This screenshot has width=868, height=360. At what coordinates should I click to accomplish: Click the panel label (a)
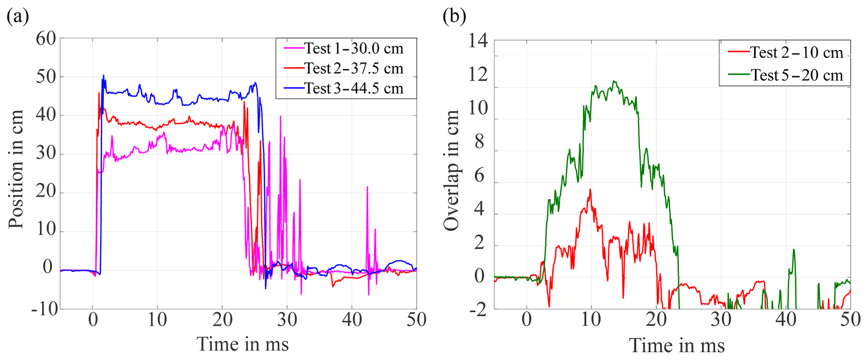tap(18, 17)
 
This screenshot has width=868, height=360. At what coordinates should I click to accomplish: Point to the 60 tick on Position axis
tap(46, 39)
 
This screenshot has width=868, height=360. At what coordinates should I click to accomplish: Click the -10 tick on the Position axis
tap(44, 309)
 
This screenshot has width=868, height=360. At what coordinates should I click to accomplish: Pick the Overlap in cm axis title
tap(452, 170)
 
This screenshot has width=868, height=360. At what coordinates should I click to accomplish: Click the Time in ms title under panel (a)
tap(242, 344)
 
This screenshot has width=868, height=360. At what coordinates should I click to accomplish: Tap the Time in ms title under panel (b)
tap(677, 346)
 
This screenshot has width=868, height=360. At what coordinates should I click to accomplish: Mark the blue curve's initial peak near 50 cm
tap(103, 76)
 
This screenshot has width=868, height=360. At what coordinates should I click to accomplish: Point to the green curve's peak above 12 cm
tap(614, 81)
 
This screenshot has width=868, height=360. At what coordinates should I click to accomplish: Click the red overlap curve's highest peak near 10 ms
tap(590, 189)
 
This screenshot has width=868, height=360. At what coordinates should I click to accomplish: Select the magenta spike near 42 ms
tap(367, 187)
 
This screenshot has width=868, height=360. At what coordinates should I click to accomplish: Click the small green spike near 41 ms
tap(794, 250)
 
